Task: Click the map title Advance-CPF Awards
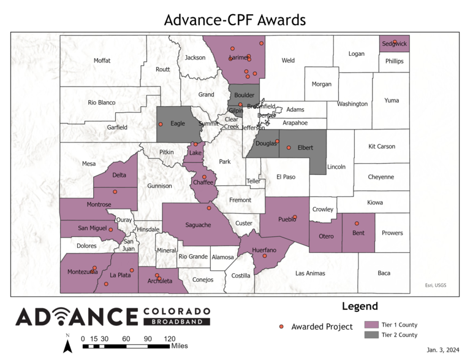click(x=235, y=20)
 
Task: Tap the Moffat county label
click(x=102, y=60)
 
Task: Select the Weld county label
click(x=288, y=61)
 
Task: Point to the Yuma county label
click(x=390, y=100)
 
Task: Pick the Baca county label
click(x=384, y=273)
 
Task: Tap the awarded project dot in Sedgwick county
click(x=395, y=42)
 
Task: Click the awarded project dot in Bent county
click(x=357, y=223)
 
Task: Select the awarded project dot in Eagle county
click(x=161, y=124)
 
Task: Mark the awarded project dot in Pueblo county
click(x=295, y=217)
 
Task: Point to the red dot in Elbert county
click(x=289, y=147)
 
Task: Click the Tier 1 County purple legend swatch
click(x=371, y=324)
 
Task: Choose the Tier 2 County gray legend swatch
click(x=371, y=335)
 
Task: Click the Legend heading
click(x=360, y=306)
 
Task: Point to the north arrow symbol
click(x=68, y=346)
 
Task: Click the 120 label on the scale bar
click(x=170, y=339)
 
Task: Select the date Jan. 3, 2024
click(x=443, y=350)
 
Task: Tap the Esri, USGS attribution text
click(x=436, y=284)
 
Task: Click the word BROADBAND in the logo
click(x=176, y=321)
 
